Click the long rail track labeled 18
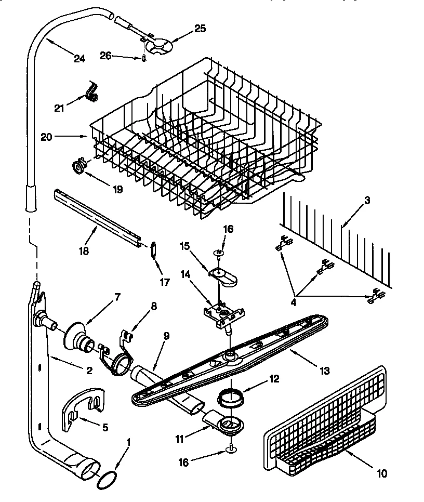(x=99, y=218)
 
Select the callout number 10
(x=382, y=473)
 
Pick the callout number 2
(x=89, y=371)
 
